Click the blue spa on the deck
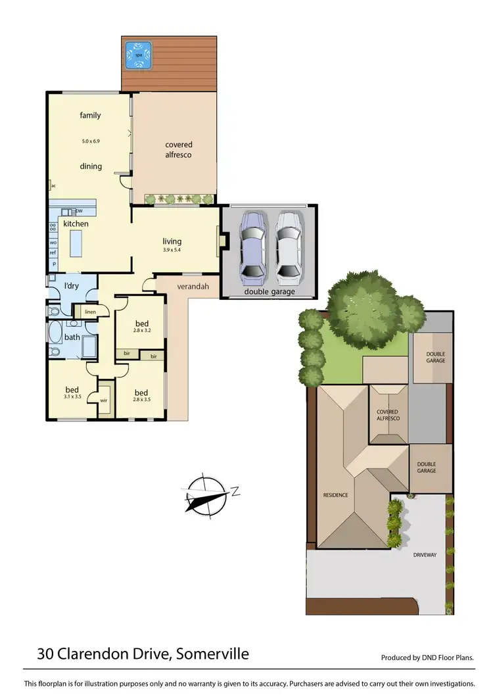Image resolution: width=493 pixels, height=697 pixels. point(139,55)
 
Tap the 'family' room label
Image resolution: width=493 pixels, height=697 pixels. point(91,116)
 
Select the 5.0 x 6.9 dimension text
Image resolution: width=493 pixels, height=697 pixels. point(91,141)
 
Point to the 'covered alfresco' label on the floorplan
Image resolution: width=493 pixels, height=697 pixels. point(179,149)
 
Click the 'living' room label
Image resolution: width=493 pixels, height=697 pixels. point(172,241)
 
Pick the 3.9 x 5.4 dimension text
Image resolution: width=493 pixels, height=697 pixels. point(172,251)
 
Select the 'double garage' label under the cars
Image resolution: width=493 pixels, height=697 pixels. point(270,292)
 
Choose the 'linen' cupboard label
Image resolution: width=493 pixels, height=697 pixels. point(90,311)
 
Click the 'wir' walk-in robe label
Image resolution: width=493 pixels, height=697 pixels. point(104,400)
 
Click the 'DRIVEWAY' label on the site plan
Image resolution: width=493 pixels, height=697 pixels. point(425,555)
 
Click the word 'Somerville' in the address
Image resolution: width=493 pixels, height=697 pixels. point(212,654)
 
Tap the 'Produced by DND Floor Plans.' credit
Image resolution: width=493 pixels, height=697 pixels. point(427,658)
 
